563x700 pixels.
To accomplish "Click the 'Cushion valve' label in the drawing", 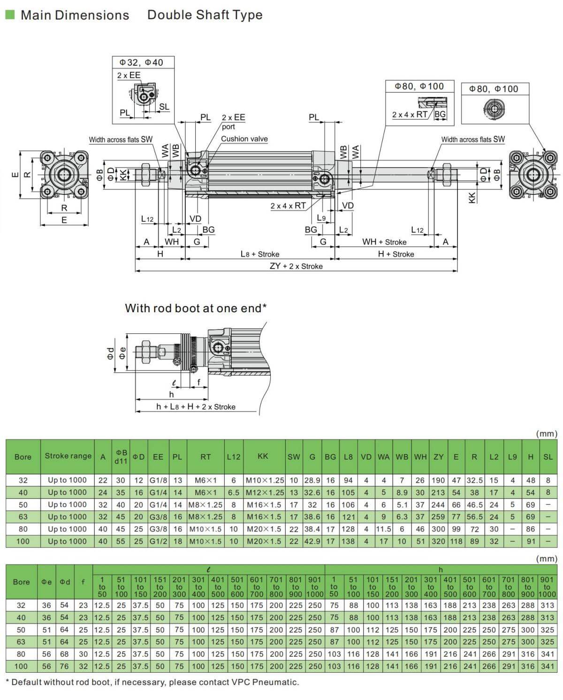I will point(244,139).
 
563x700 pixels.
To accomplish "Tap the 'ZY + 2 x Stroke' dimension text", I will point(296,266).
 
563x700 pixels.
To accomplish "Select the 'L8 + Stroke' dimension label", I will point(260,254).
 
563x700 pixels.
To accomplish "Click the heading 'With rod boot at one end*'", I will point(196,308).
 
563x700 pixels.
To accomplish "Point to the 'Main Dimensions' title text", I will point(75,15).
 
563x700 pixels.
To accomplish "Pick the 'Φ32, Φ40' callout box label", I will point(141,62).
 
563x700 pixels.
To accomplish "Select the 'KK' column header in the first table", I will point(263,456).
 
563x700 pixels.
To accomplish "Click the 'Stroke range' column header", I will point(68,456).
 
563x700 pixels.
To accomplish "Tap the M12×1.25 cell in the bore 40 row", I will point(265,492).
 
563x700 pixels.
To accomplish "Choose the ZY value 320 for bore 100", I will point(438,541).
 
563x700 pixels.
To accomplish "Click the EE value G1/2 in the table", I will point(158,541).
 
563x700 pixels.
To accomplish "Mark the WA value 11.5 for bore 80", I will point(383,529).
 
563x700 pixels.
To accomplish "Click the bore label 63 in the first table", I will point(23,517).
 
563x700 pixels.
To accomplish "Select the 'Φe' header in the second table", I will point(46,582).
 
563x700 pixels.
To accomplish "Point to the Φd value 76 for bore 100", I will point(65,666).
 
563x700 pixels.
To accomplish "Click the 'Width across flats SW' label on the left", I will point(121,139).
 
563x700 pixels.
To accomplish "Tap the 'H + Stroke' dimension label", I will point(396,254).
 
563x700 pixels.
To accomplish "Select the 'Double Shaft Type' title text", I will point(205,15).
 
